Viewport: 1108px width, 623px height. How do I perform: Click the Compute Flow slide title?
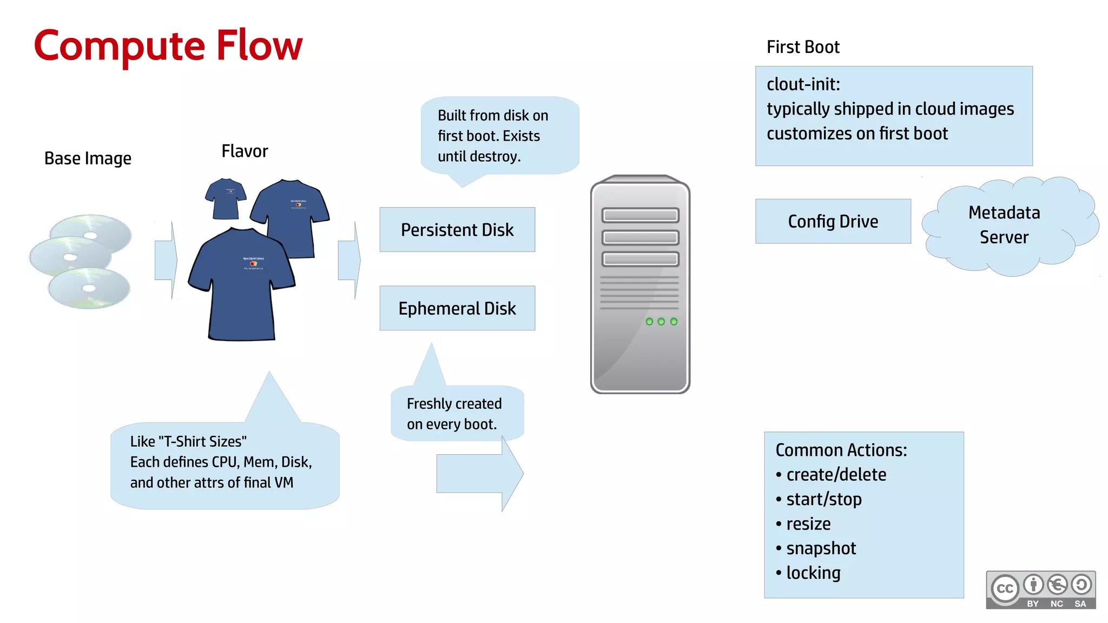168,46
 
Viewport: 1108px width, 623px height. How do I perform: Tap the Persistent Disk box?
457,230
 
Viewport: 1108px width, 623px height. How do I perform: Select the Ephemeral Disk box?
457,308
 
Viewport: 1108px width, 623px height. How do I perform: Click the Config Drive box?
833,221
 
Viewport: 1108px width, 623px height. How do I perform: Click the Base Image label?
88,158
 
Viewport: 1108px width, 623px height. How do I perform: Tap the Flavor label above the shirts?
245,151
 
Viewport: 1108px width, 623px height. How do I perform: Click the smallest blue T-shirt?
226,199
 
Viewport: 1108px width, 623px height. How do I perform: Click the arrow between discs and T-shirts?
166,260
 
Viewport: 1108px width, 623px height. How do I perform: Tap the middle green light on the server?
661,322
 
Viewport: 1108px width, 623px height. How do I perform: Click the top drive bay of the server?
640,215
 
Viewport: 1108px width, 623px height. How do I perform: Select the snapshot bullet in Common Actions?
821,548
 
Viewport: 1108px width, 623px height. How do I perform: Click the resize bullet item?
808,523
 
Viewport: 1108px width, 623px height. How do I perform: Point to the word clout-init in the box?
803,84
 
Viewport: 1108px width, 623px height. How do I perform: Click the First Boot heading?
803,47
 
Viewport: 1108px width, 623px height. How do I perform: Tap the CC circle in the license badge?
1005,588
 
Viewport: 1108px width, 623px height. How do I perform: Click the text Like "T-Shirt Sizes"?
188,441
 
